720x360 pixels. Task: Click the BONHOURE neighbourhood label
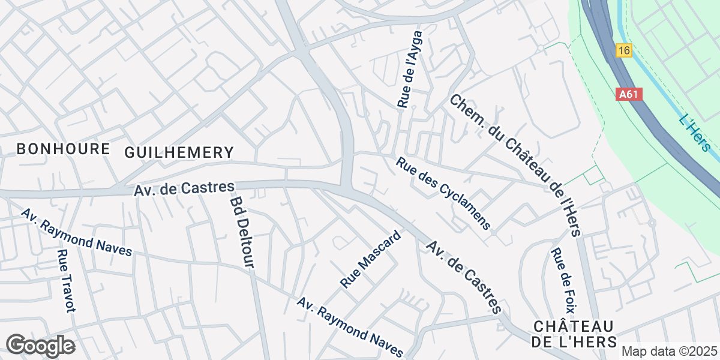click(x=63, y=149)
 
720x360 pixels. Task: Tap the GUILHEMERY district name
click(x=178, y=152)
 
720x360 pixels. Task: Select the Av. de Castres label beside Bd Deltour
click(x=184, y=189)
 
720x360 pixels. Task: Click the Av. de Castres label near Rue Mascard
click(x=463, y=277)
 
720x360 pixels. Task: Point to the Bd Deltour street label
click(x=242, y=232)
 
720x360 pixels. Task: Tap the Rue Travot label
click(x=65, y=281)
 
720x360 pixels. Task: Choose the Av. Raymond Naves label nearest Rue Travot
click(x=76, y=233)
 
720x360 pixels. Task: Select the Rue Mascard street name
click(x=370, y=259)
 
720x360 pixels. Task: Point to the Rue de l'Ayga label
click(x=410, y=70)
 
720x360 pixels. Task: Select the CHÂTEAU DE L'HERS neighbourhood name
click(x=574, y=334)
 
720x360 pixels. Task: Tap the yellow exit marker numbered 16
click(x=624, y=51)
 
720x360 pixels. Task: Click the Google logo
click(x=40, y=346)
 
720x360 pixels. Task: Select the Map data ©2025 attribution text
click(x=670, y=352)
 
